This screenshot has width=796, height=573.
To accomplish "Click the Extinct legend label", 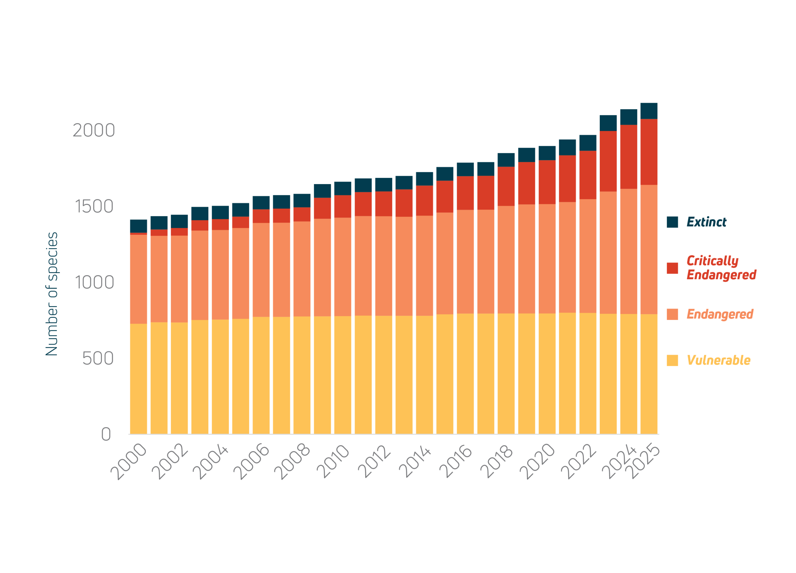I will click(x=706, y=222).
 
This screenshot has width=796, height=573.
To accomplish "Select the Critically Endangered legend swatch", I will click(x=673, y=268).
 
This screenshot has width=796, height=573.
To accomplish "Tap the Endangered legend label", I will click(x=720, y=314).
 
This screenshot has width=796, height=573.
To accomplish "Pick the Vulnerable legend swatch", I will click(x=673, y=360).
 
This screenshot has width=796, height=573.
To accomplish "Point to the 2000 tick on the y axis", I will click(x=94, y=131).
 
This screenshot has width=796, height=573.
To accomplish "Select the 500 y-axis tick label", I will click(x=98, y=358).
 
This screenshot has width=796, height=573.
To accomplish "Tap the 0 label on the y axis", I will click(x=106, y=434).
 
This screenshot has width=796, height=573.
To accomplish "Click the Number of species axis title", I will click(x=52, y=294).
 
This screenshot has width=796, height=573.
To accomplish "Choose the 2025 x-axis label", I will click(x=644, y=460).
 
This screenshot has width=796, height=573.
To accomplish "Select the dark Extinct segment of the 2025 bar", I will click(x=649, y=111).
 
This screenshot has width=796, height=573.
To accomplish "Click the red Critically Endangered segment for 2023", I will click(x=608, y=161).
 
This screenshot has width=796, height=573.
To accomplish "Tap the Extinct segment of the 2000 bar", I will click(x=138, y=226).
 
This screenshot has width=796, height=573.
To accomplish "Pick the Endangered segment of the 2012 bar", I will click(x=383, y=266).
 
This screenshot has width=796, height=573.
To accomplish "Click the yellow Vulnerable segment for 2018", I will click(x=506, y=373).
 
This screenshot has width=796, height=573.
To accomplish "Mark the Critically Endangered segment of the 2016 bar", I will click(x=465, y=193).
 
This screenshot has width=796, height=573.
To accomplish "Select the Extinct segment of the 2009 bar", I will click(x=322, y=191).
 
